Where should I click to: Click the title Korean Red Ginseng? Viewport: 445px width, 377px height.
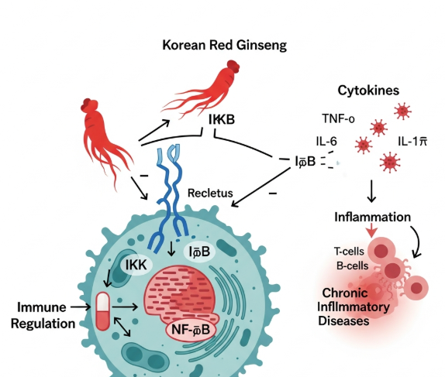click(x=223, y=45)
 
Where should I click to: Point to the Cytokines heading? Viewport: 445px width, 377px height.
click(x=368, y=90)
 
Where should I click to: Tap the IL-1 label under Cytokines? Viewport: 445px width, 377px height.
click(x=415, y=142)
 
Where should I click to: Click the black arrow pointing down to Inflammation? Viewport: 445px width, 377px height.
click(x=371, y=191)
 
